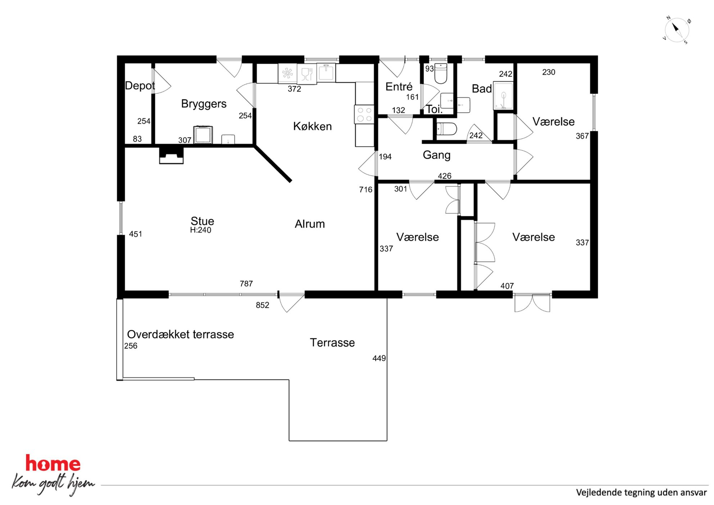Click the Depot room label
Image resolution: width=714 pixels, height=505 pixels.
coord(140,86)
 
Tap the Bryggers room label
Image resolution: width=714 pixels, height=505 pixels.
coord(204,104)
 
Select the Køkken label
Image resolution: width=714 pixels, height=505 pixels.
coord(312,126)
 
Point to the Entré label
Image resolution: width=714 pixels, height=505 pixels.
coord(399,86)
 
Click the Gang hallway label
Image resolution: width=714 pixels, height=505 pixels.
coord(437,155)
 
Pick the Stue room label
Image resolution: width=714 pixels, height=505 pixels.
coord(202,221)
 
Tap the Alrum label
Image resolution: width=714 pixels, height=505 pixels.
coord(310,224)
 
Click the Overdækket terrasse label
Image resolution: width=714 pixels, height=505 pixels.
coord(181,334)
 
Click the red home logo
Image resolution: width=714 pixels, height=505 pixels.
coord(53,463)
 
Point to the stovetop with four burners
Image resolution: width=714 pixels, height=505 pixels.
coord(364,114)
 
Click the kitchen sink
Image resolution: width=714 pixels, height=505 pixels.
coord(326,72)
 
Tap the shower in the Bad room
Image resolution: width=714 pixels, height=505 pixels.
coord(503,96)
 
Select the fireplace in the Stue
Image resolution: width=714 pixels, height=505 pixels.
coord(171,155)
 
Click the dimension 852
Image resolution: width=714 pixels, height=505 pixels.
coord(262,305)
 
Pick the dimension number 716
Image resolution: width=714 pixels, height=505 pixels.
coord(366,190)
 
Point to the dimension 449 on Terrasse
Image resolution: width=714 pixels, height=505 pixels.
coord(379,358)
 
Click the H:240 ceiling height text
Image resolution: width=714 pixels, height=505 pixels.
coord(200,230)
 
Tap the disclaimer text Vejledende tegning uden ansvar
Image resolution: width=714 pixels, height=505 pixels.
coord(641,492)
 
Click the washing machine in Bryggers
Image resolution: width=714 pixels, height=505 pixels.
coord(203,135)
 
